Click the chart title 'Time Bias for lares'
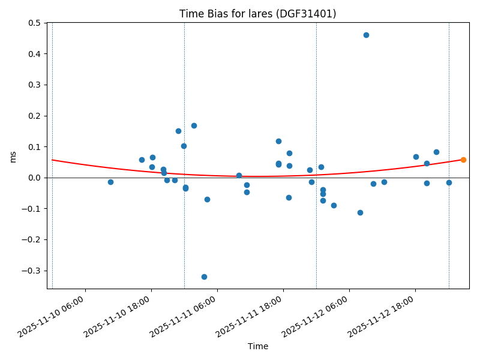[257, 14]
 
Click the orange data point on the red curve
[463, 160]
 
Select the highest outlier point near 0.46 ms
[366, 35]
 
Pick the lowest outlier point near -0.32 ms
[204, 277]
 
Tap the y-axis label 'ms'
[13, 156]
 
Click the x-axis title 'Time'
[258, 346]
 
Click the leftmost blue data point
[110, 182]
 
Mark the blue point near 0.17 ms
[194, 125]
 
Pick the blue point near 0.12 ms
[278, 141]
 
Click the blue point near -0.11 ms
[360, 212]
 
